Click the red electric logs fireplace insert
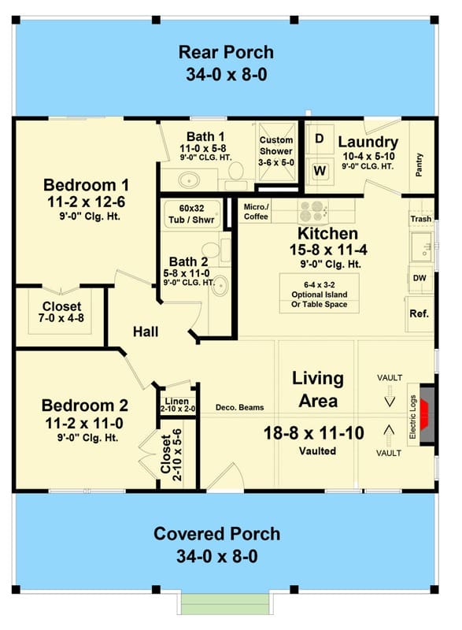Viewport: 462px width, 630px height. tap(424, 415)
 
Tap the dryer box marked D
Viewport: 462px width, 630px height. tap(319, 139)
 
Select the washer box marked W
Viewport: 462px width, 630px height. tap(319, 170)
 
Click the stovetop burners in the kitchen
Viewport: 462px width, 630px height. tap(312, 211)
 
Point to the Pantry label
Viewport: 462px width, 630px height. tap(419, 165)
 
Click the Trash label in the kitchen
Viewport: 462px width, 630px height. tap(420, 219)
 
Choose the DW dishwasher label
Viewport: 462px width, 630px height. tap(419, 278)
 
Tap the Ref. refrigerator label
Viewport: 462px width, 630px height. tap(419, 313)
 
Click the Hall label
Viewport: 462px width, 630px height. tap(146, 332)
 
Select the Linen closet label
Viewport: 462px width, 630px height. tap(177, 401)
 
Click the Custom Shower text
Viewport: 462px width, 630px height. tap(276, 146)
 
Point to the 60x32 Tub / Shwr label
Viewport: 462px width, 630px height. tap(191, 213)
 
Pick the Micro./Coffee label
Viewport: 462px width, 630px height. tap(256, 212)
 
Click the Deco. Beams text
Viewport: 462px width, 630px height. tap(239, 407)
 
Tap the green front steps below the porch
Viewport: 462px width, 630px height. tap(224, 603)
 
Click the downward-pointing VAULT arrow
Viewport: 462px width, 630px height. tap(390, 396)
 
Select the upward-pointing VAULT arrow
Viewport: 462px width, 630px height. tap(389, 436)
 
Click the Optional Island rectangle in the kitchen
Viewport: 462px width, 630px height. tap(319, 293)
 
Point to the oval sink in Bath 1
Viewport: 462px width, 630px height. tap(189, 180)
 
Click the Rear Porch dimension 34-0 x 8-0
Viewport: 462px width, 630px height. tap(227, 75)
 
